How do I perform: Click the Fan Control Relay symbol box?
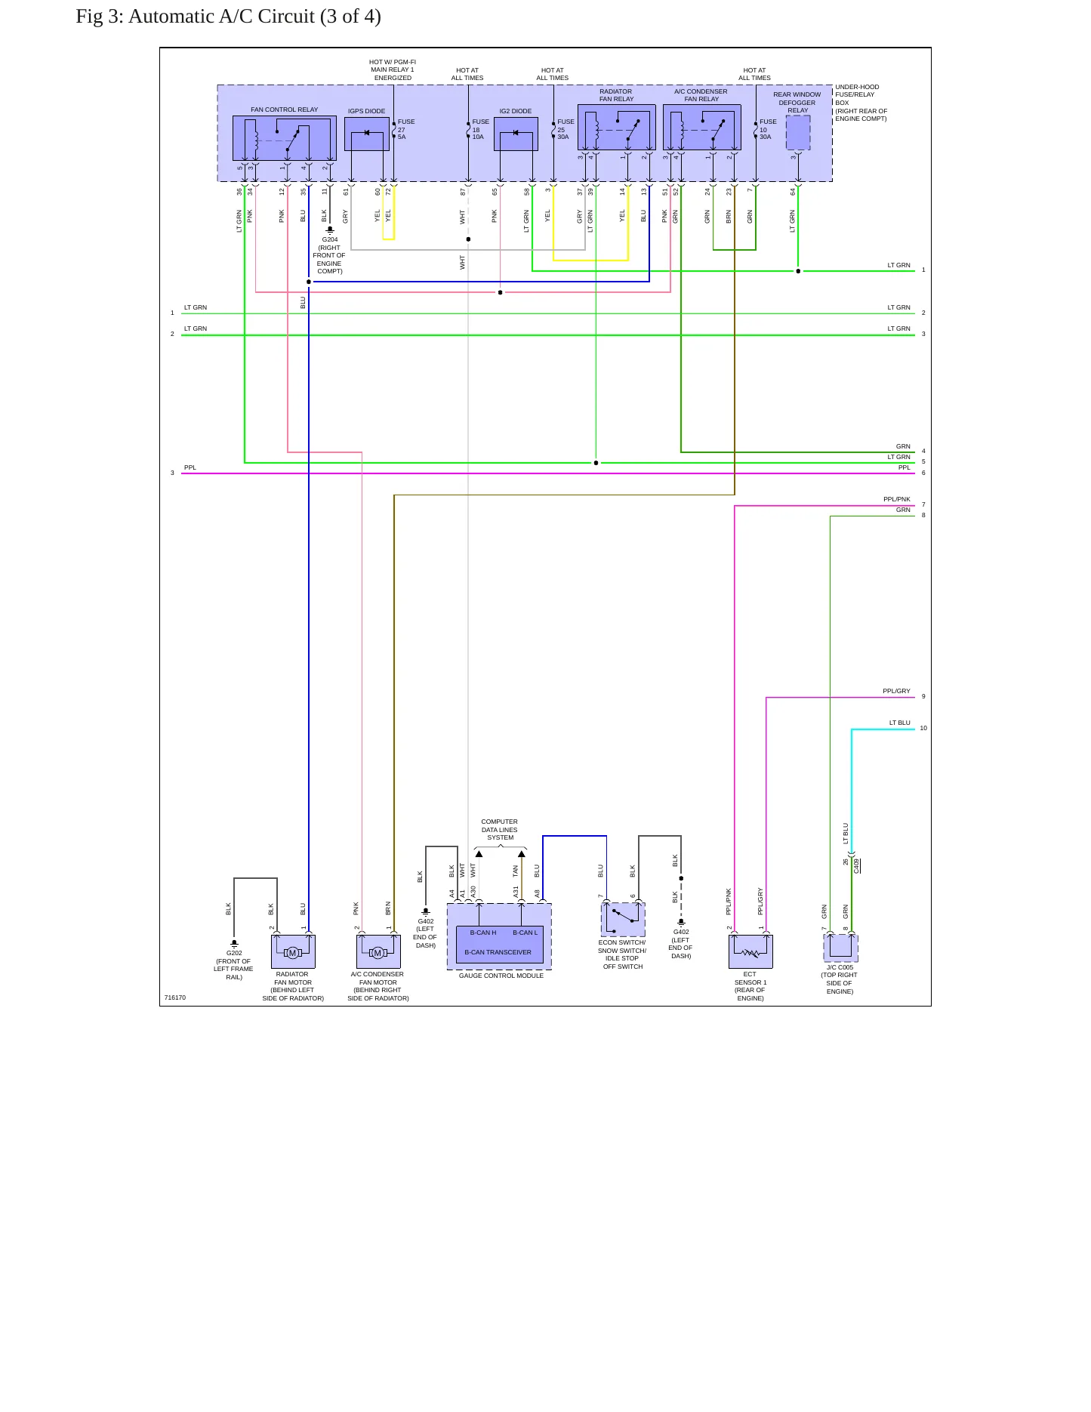click(284, 138)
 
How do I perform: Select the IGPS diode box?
click(367, 134)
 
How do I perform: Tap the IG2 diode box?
click(516, 134)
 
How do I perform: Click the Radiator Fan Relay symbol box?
click(616, 128)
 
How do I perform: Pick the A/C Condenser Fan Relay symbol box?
click(701, 128)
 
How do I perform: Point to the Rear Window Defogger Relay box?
click(798, 133)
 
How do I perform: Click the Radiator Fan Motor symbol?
click(293, 951)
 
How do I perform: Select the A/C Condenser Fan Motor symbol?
click(378, 951)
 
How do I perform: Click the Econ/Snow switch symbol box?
click(623, 920)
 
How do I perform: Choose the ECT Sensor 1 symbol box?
click(750, 951)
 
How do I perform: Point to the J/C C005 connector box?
click(840, 948)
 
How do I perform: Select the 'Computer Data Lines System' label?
click(500, 830)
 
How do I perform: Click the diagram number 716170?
click(175, 997)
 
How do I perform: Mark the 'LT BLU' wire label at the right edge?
click(899, 723)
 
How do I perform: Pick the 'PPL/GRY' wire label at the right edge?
click(896, 691)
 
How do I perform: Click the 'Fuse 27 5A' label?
click(406, 129)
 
